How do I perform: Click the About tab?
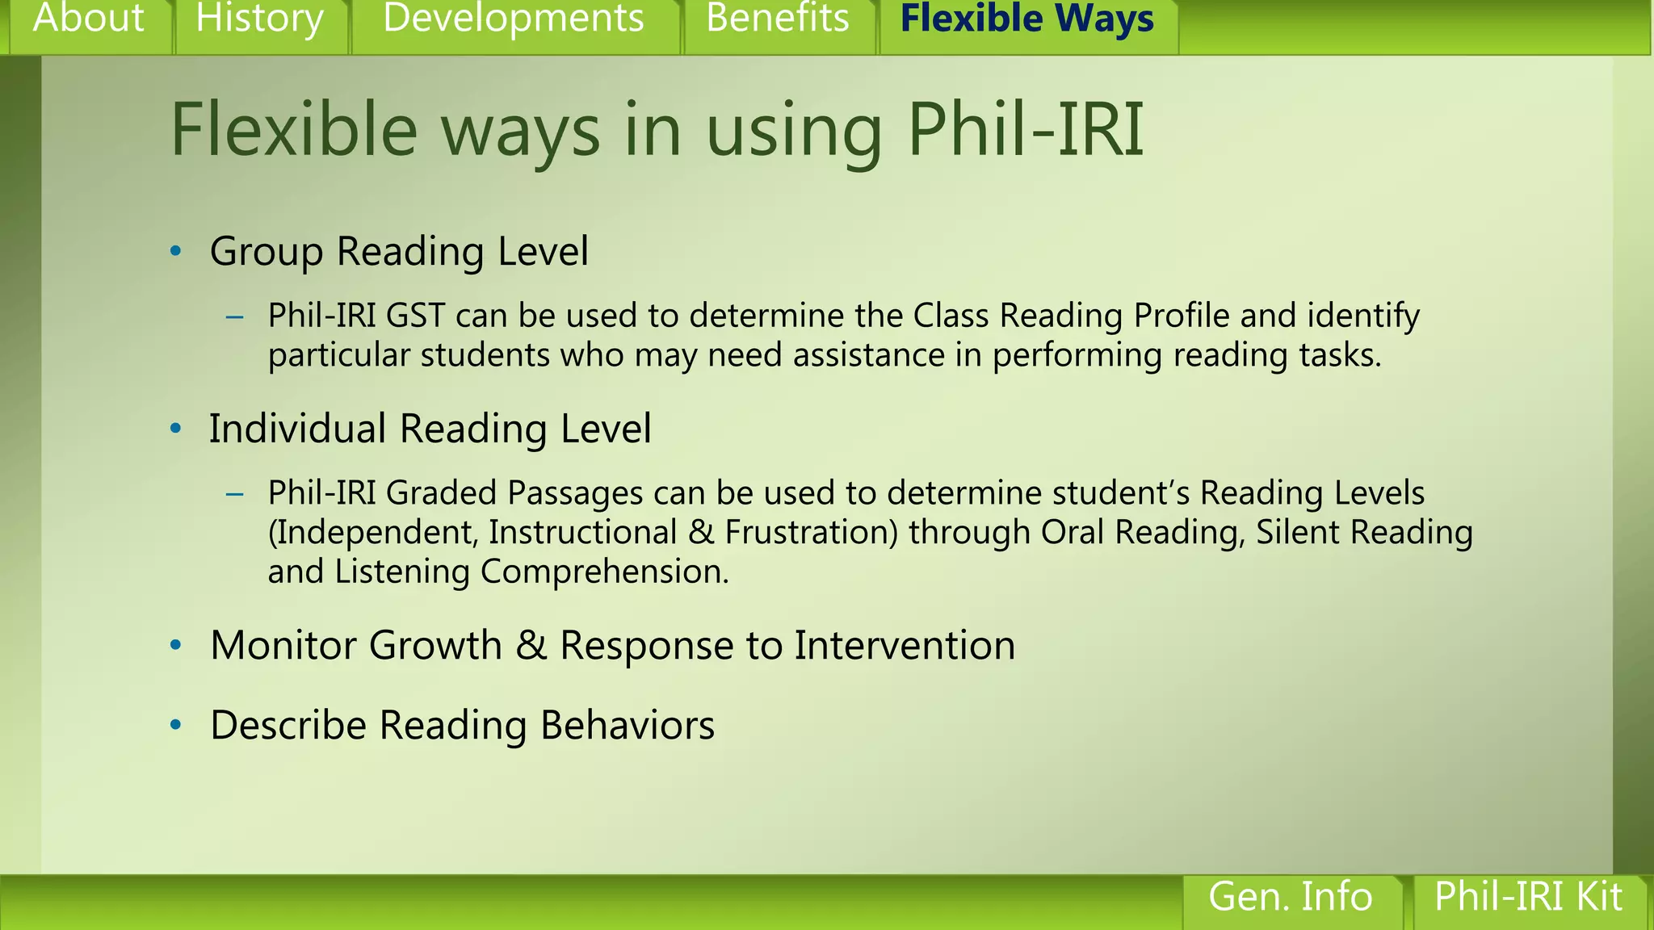[x=88, y=19]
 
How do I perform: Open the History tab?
[x=259, y=19]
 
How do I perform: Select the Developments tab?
[x=514, y=19]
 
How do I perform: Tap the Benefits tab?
[x=778, y=19]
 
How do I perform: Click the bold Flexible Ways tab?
[x=1026, y=19]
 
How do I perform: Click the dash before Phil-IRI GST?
[x=235, y=317]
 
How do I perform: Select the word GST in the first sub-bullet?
[x=415, y=316]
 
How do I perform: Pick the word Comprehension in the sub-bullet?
[x=604, y=572]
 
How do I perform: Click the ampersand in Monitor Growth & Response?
[x=531, y=646]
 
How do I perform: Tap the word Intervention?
[x=905, y=646]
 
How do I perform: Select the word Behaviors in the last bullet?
[x=628, y=725]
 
